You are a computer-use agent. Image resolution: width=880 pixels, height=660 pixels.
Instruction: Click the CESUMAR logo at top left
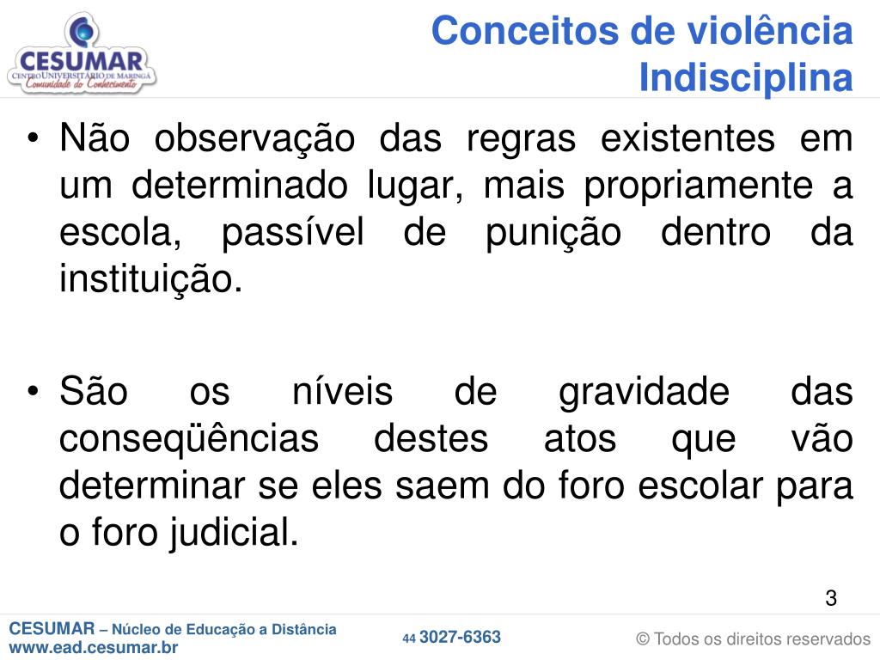pos(82,52)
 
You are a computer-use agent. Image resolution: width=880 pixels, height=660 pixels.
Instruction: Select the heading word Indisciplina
pos(747,76)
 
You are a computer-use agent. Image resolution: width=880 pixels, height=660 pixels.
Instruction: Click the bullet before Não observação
pos(34,137)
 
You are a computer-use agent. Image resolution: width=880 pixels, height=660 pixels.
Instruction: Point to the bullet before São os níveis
pos(34,390)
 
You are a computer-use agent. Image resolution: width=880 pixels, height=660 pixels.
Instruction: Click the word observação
pos(254,139)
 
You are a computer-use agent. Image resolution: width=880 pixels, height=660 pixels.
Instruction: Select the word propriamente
pos(699,186)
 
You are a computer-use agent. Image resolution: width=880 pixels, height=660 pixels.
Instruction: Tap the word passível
pos(293,232)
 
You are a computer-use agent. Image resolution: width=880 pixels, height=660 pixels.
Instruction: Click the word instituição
pos(151,279)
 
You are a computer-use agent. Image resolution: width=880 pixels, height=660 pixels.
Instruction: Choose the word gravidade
pos(645,393)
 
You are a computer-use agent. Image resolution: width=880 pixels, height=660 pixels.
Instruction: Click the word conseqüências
pos(189,439)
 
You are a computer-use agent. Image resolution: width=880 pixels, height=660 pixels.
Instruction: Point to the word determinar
pos(152,485)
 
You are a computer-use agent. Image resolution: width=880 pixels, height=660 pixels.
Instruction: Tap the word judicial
pos(235,533)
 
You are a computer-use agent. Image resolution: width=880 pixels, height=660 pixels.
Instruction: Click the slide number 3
pos(831,598)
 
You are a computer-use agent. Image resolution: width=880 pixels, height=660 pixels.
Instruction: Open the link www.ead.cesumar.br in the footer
pos(94,647)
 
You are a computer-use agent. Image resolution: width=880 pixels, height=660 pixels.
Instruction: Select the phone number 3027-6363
pos(461,637)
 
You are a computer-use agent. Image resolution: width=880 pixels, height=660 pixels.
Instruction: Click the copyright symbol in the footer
pos(643,639)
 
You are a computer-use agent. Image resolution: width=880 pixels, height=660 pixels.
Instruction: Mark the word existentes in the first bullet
pos(688,138)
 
